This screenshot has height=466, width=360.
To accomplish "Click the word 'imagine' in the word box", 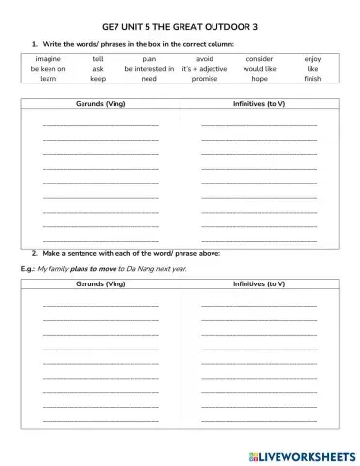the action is (x=48, y=59).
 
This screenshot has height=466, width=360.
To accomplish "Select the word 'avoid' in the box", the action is (x=204, y=59).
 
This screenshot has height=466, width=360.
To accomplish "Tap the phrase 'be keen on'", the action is (x=48, y=69).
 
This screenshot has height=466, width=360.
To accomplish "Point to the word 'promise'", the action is (x=204, y=79).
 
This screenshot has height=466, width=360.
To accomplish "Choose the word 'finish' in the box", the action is (x=311, y=79).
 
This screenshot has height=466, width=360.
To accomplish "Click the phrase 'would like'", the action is (x=259, y=69).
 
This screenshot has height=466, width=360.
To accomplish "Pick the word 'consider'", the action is (x=259, y=59).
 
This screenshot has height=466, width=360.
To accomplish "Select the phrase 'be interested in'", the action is (x=149, y=69).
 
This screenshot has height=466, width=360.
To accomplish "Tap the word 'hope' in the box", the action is (x=259, y=79).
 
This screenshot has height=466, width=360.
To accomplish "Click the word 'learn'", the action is (x=48, y=79).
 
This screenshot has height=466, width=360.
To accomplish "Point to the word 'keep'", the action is (x=98, y=79).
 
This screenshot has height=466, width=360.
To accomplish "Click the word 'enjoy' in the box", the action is (x=311, y=59).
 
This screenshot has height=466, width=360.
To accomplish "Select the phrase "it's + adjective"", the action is (x=204, y=69).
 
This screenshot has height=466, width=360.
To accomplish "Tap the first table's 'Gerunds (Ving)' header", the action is (x=100, y=102).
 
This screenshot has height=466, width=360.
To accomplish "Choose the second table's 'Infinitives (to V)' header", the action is (x=259, y=284).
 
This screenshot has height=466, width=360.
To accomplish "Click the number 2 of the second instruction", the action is (x=35, y=251).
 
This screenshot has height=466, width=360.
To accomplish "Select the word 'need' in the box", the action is (x=149, y=79).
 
